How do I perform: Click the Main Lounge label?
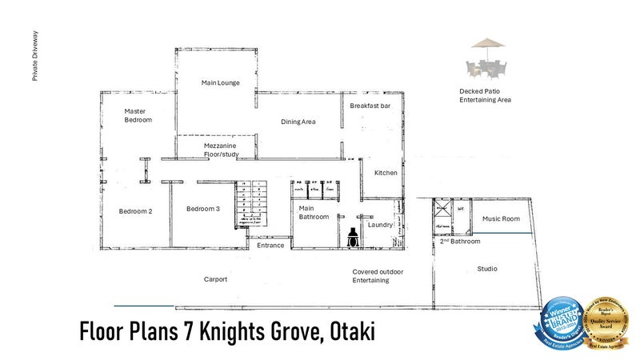[221, 82]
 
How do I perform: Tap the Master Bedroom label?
[138, 115]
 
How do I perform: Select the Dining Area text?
[298, 122]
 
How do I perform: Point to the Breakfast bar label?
[370, 106]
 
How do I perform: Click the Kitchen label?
[386, 173]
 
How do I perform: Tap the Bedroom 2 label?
[135, 211]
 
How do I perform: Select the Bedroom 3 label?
[202, 209]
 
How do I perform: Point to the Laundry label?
[380, 225]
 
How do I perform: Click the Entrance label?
[270, 246]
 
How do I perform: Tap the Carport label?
[215, 279]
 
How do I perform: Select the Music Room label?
[501, 218]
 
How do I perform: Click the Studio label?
[487, 269]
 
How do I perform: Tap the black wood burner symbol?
[352, 236]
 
